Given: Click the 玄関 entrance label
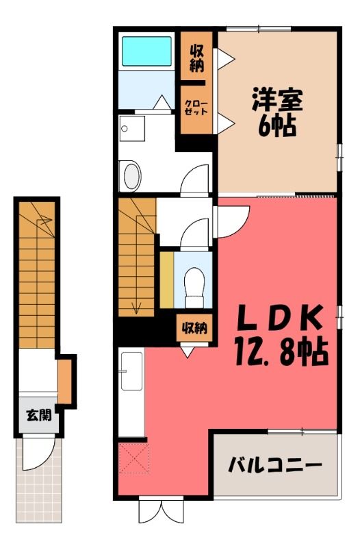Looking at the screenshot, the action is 39,415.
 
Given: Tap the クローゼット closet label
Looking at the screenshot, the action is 196,108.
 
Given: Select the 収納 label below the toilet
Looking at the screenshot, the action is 194,328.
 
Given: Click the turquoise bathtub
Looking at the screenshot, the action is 146,51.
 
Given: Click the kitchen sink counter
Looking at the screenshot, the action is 131,371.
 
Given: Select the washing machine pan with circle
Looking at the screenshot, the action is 131,129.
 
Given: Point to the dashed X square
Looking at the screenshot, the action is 134,458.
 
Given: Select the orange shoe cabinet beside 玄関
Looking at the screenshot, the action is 64,382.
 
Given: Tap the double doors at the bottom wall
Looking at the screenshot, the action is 162,511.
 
